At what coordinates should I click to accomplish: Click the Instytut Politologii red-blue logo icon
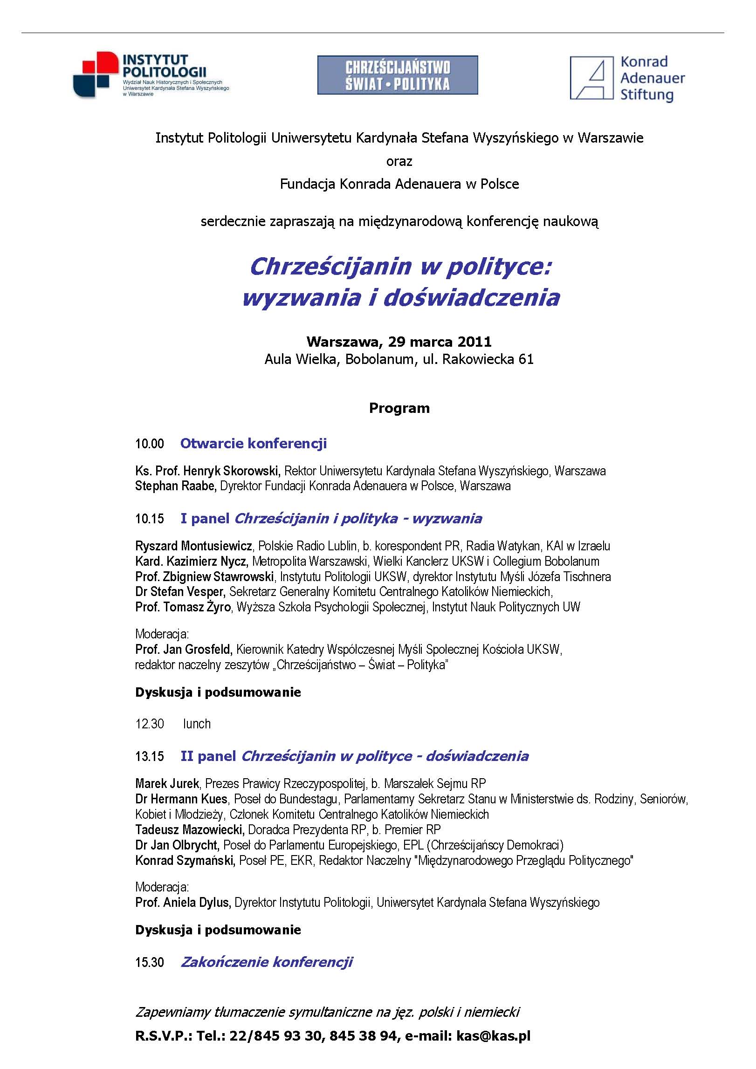point(96,74)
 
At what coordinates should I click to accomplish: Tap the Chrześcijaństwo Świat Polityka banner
point(398,75)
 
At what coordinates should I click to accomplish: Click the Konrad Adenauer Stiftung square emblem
point(591,78)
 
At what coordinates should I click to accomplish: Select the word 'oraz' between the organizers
point(399,161)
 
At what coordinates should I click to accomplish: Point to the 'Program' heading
point(399,408)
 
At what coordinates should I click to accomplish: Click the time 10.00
point(150,444)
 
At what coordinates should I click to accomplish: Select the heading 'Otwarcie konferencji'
point(254,443)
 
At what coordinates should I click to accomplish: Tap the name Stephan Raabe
point(176,486)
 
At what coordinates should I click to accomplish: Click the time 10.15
point(150,519)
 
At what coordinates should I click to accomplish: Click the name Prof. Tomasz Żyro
point(183,607)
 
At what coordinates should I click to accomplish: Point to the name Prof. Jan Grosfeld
point(184,649)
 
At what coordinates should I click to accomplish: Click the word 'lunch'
point(197,724)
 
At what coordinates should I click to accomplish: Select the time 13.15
point(150,756)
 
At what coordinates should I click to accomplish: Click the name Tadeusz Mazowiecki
point(190,829)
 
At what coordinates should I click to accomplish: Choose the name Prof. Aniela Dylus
point(183,903)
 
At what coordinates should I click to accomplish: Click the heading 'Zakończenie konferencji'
point(267,962)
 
